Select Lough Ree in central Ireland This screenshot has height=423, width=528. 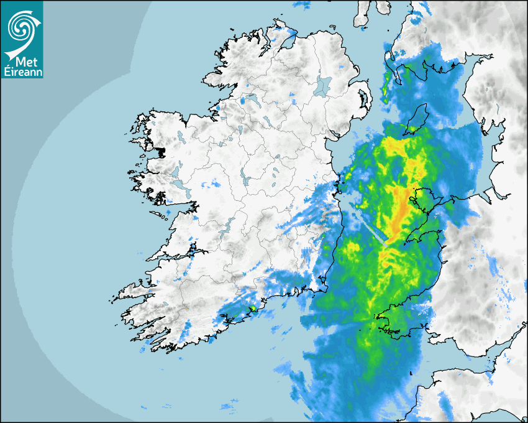click(246, 180)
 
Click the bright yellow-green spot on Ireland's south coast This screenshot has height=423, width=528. click(253, 308)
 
